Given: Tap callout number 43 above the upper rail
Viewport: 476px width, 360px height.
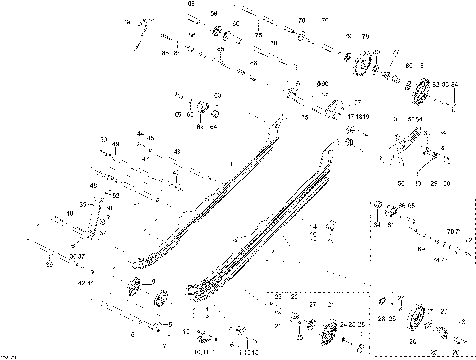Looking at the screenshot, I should coord(176,150).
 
